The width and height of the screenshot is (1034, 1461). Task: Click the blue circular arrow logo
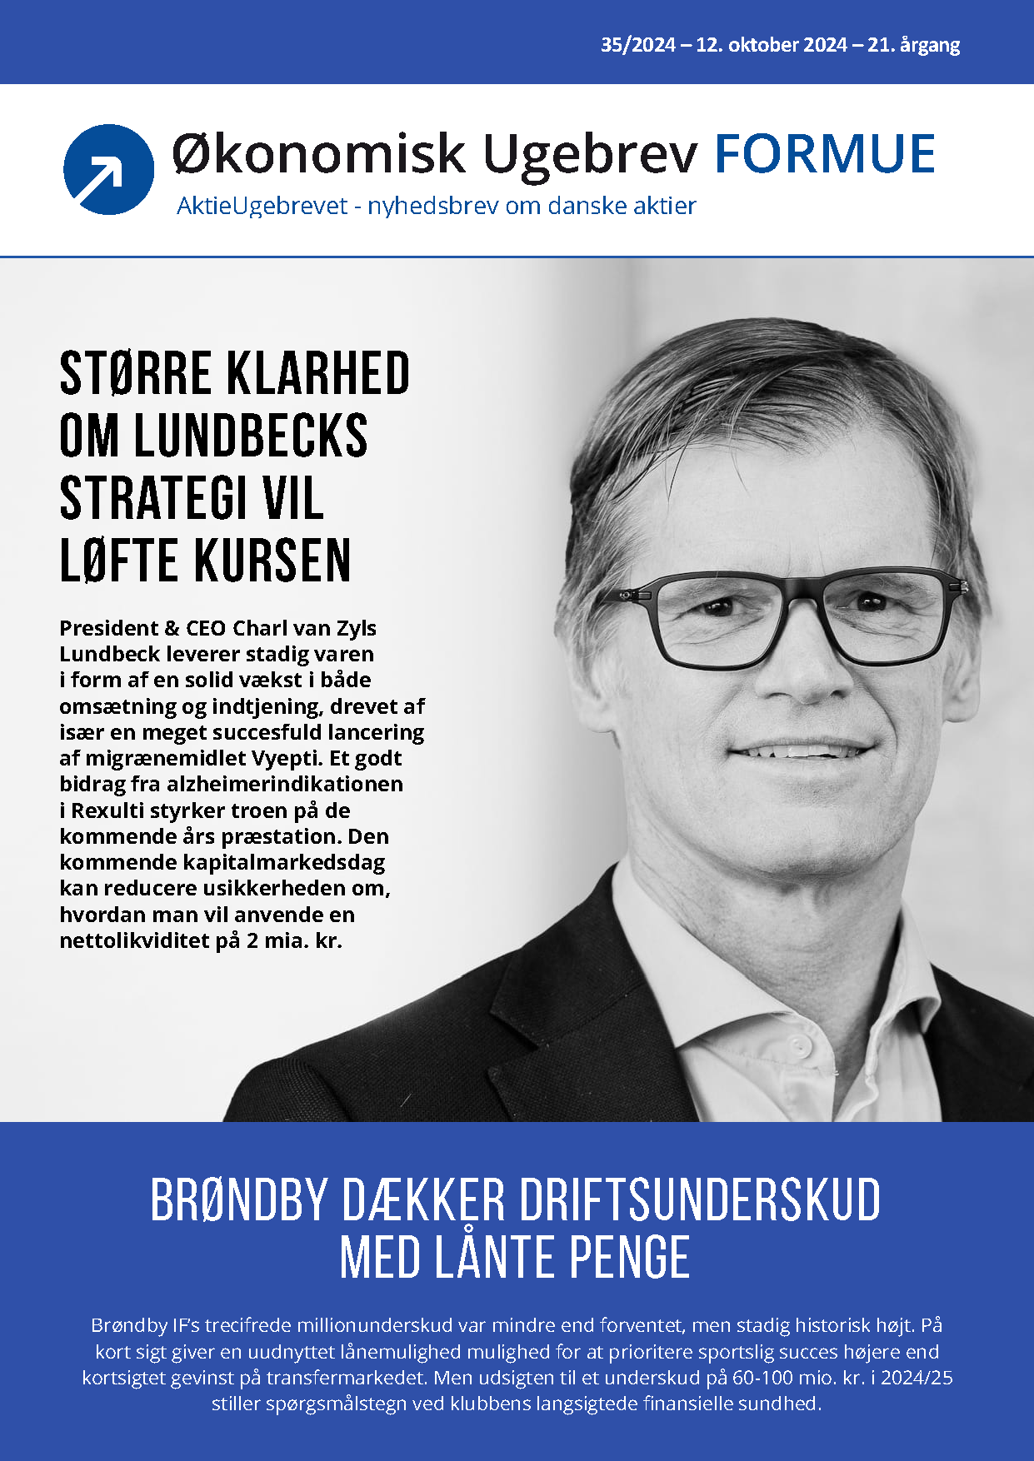pyautogui.click(x=108, y=169)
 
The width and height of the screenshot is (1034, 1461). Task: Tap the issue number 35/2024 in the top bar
pyautogui.click(x=637, y=45)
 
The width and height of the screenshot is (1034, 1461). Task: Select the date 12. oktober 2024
pyautogui.click(x=772, y=45)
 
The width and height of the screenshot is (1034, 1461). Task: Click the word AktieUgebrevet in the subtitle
pyautogui.click(x=262, y=206)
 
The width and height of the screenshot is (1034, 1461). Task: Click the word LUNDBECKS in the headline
pyautogui.click(x=250, y=436)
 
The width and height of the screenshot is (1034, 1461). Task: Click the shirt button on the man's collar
pyautogui.click(x=799, y=1045)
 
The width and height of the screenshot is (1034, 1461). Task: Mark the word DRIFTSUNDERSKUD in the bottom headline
pyautogui.click(x=698, y=1200)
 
